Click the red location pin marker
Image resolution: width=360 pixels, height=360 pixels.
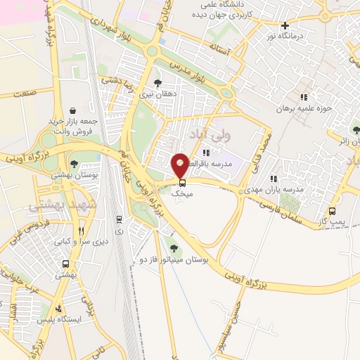(x=181, y=165)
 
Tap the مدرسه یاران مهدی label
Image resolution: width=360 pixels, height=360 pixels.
(x=271, y=190)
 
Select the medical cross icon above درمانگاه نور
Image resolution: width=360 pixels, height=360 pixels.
(x=285, y=25)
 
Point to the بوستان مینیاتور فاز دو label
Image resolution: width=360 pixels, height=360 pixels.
(x=179, y=259)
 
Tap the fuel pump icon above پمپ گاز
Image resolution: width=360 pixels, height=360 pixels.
(x=333, y=211)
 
